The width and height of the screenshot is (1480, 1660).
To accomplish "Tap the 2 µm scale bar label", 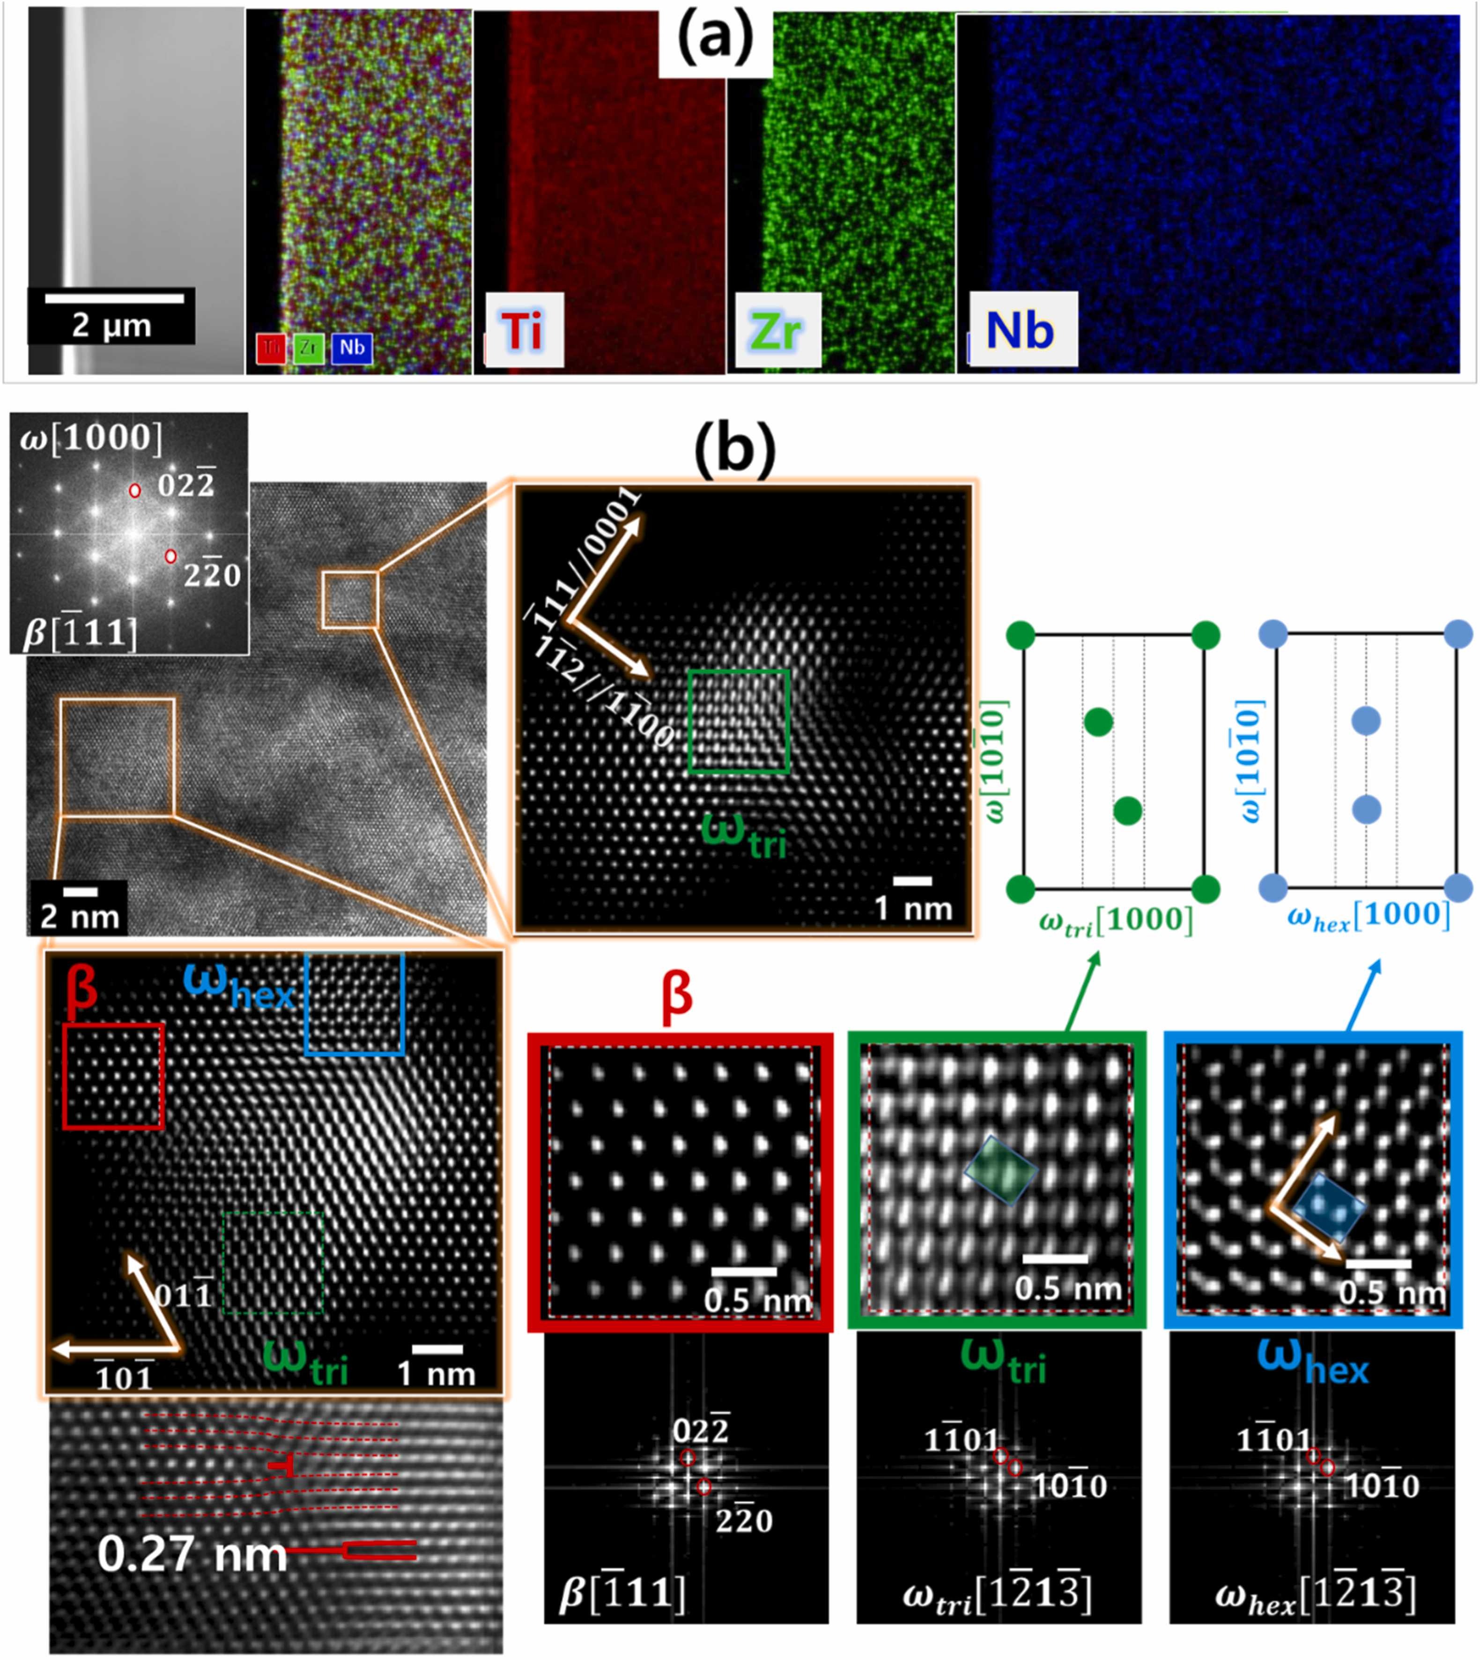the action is click(111, 325).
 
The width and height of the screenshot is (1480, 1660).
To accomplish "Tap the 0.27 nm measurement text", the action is click(192, 1554).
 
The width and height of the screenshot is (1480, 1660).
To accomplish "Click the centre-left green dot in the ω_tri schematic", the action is click(1099, 722).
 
